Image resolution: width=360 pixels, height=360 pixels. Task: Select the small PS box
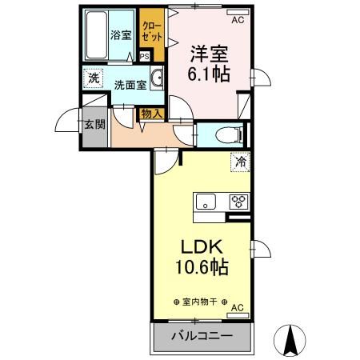145,57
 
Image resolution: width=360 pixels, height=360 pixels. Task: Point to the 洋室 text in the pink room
209,54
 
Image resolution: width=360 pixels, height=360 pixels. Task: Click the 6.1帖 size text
209,74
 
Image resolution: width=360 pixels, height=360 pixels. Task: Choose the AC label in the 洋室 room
238,13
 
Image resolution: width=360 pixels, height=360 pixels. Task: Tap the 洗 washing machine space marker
94,79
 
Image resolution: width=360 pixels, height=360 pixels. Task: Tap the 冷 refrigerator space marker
239,162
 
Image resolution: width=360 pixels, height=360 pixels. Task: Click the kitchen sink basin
206,202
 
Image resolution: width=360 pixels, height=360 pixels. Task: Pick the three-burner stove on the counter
238,202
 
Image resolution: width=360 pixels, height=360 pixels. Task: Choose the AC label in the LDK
238,307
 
